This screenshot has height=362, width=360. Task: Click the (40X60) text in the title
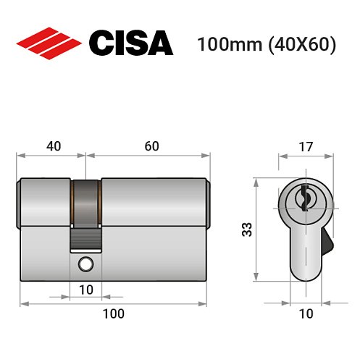301,44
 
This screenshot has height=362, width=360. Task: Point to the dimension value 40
54,146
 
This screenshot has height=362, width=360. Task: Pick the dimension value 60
151,146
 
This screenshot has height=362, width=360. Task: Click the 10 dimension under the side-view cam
86,290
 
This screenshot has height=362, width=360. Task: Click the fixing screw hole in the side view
86,264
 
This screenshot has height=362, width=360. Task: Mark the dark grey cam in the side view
86,201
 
